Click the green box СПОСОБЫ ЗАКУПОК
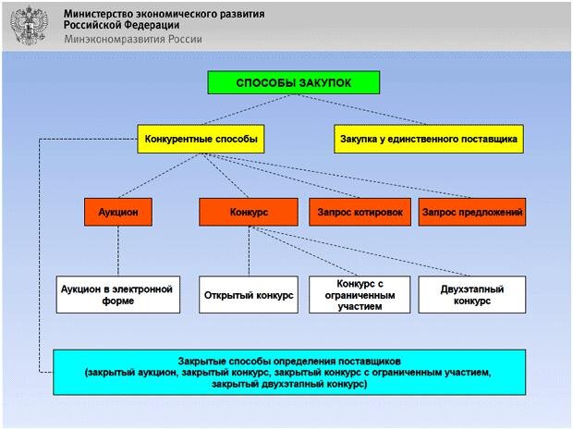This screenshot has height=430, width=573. tap(293, 83)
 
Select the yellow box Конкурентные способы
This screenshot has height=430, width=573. tap(200, 140)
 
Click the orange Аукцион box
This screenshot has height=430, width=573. tap(117, 212)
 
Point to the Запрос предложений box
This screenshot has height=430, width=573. tap(472, 212)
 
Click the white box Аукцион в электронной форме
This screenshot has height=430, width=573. tap(117, 294)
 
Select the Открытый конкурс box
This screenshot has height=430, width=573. tap(248, 294)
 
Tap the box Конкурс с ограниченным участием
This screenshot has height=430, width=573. tap(360, 294)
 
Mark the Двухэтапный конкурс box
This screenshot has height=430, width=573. tap(472, 294)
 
